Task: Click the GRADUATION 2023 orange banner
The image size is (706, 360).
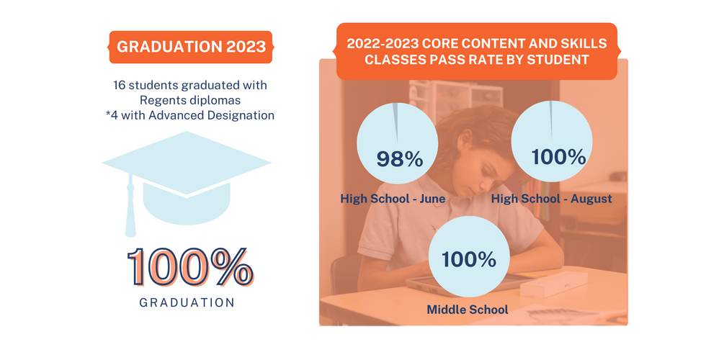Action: coord(190,47)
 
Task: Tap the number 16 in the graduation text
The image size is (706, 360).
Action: coord(120,85)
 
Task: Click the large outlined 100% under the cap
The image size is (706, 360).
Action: coord(190,267)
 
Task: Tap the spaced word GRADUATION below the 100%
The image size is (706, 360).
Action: coord(187,303)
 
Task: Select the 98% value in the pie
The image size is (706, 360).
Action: coord(400,159)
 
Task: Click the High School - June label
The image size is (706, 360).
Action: coord(393,199)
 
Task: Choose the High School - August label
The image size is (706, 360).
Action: coord(552,199)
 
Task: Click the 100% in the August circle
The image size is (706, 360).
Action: coord(559,157)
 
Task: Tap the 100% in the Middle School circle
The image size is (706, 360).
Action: coord(469,260)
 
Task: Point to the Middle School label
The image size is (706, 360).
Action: coord(468,310)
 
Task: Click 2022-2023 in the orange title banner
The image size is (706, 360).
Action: coord(383,44)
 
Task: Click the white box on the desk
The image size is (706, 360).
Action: coord(554,284)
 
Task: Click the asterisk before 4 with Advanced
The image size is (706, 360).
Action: coord(107,114)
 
